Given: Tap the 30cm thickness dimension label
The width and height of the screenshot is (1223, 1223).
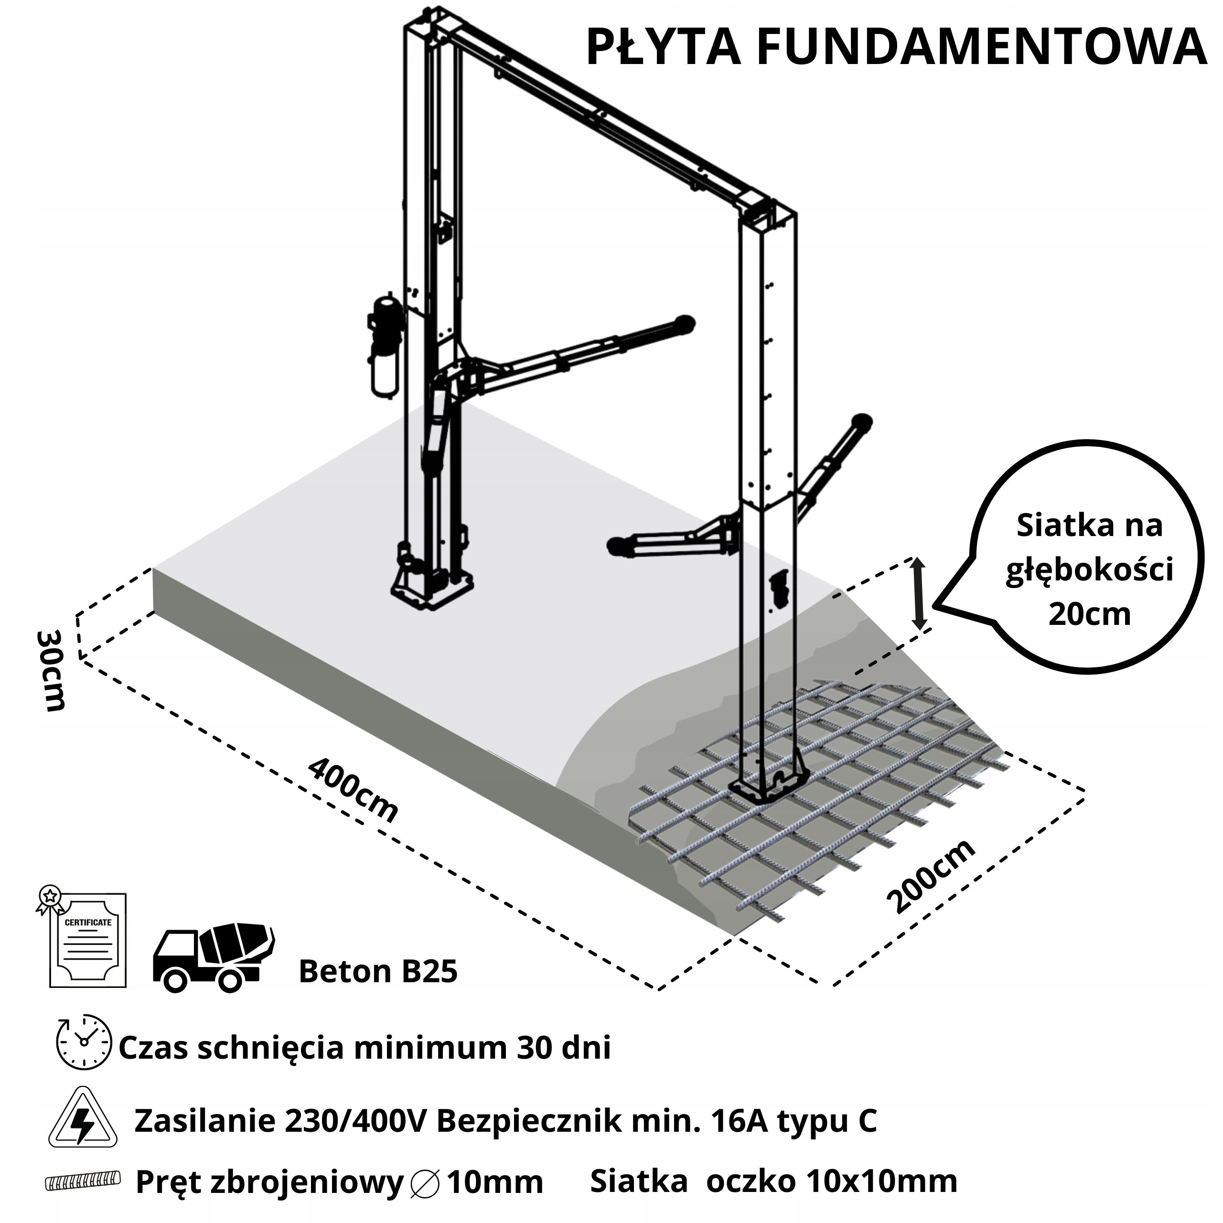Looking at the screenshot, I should (x=51, y=670).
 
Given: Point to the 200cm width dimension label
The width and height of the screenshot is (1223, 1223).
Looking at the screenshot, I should (x=931, y=877).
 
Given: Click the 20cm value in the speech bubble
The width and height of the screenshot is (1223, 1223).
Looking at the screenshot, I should (x=1089, y=613).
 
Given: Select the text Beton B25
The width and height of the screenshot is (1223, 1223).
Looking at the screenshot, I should (x=378, y=971).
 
